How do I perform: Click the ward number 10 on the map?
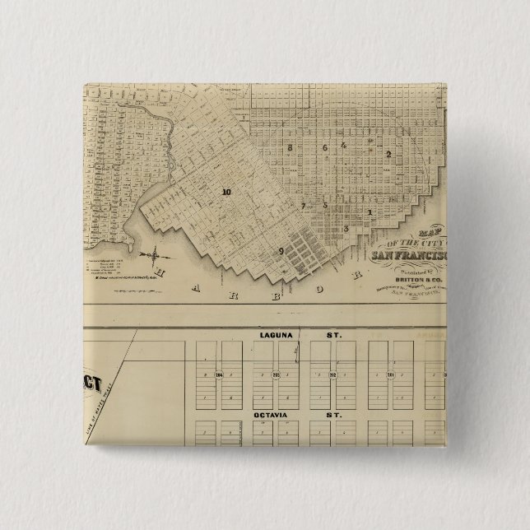click(x=226, y=192)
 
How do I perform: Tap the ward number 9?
click(x=281, y=250)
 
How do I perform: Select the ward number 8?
click(x=291, y=147)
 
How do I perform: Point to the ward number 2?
click(x=388, y=154)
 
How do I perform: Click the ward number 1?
click(x=370, y=213)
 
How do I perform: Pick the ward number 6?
click(x=325, y=148)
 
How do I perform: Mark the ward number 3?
click(x=346, y=228)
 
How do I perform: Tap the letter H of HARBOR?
click(x=161, y=272)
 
